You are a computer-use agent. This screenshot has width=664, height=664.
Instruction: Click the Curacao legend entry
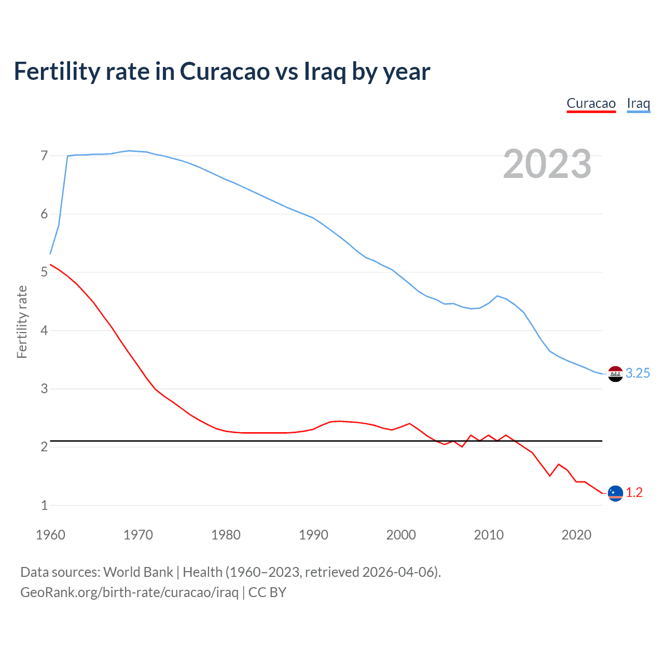[591, 104]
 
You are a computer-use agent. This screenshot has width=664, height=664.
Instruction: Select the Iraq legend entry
[638, 104]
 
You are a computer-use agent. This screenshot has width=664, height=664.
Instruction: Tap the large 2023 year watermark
[547, 164]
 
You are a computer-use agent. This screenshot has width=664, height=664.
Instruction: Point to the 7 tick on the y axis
[44, 156]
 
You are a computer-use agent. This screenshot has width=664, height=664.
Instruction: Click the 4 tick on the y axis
[44, 330]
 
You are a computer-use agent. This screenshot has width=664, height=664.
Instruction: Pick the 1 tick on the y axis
[44, 505]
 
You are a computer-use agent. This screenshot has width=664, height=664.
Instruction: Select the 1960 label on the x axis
[50, 535]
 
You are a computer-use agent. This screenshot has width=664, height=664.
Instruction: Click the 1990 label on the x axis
[313, 535]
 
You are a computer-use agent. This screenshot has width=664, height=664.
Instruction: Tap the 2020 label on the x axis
[576, 535]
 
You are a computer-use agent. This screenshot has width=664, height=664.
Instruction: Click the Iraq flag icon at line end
[615, 374]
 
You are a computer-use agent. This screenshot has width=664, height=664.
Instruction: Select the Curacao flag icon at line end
[615, 493]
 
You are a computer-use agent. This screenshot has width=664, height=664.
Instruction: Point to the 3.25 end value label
[638, 374]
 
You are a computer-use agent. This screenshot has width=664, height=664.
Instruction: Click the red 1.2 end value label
[634, 493]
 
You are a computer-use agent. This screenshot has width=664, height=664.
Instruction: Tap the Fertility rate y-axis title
[22, 322]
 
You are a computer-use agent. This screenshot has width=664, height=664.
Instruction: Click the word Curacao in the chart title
[224, 72]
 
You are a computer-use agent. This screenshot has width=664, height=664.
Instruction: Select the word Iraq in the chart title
[325, 72]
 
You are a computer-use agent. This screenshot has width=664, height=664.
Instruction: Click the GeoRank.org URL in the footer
[129, 592]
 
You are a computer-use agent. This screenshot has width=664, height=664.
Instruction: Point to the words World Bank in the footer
[138, 572]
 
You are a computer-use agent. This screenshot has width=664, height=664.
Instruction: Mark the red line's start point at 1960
[50, 265]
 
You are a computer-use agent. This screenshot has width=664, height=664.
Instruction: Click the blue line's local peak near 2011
[497, 296]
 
